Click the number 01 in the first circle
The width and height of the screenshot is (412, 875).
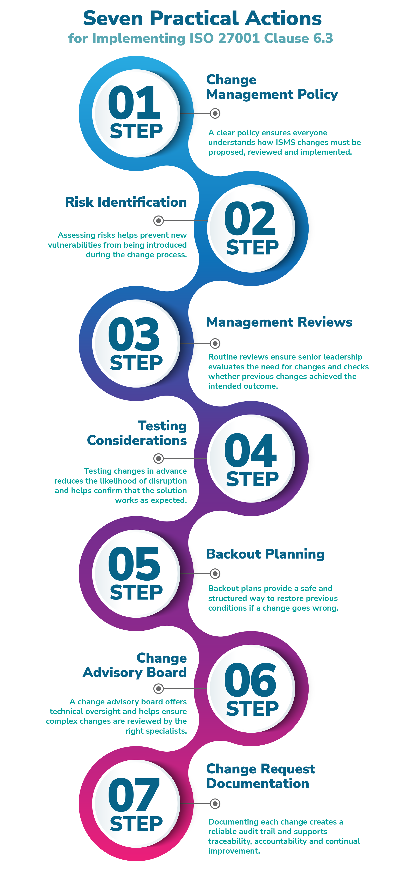tap(134, 102)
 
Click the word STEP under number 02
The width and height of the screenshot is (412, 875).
tap(252, 247)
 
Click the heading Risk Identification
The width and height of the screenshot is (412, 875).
tap(126, 202)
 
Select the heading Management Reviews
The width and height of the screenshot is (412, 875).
tap(279, 322)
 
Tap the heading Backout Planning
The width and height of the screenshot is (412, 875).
tap(265, 554)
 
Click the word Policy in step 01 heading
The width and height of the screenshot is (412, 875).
tap(317, 94)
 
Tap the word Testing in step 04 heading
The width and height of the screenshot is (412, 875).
tap(162, 426)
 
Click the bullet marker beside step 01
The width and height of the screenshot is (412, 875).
tap(215, 114)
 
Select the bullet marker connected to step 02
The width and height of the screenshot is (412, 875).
tap(158, 221)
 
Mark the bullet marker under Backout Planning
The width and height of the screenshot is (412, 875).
tap(215, 574)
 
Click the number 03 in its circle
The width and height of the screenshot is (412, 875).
tap(134, 335)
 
